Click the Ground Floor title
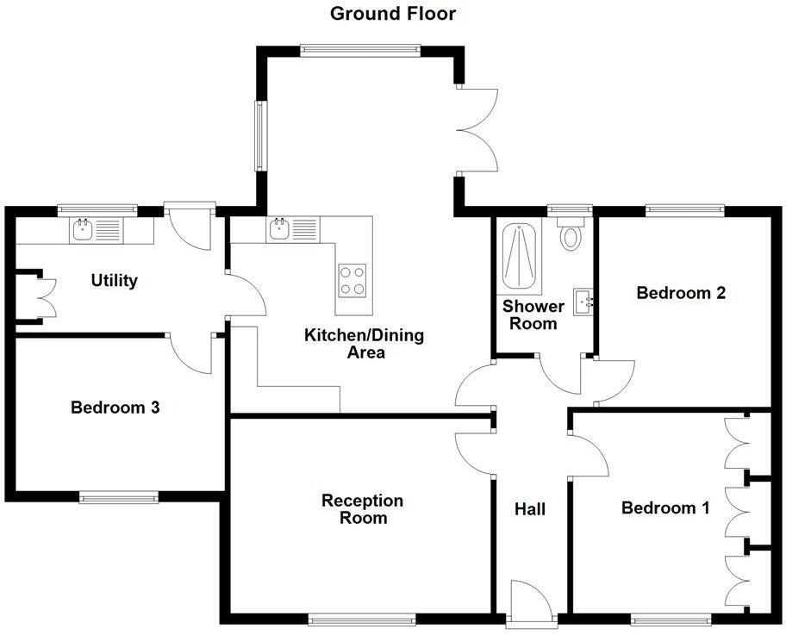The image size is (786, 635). pos(392,14)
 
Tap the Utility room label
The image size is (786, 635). pos(115,281)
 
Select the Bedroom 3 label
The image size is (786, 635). pos(115,408)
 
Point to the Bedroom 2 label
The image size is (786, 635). pos(681,293)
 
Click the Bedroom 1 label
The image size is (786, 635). pos(665,508)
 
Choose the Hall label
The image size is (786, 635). pos(530,509)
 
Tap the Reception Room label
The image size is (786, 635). pos(362,509)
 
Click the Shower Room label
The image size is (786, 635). pos(533,314)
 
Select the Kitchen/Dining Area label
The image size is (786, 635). pos(364,344)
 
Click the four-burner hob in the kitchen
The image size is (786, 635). pos(352,279)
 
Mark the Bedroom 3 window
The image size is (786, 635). pos(119,496)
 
